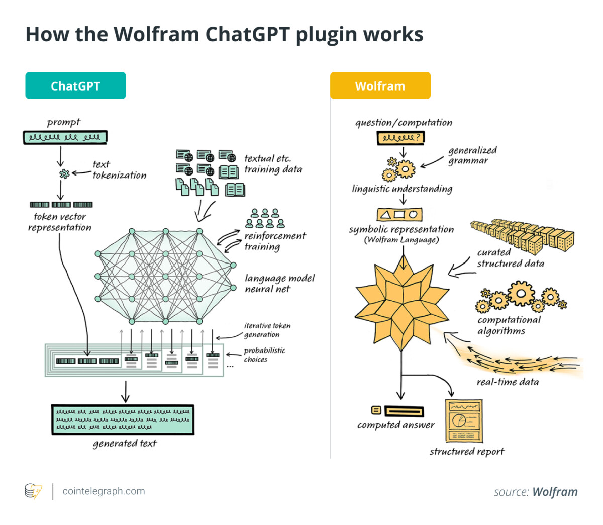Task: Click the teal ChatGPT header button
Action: click(75, 85)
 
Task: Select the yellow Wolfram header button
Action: click(380, 85)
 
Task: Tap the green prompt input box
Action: click(65, 137)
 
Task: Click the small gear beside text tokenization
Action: click(64, 173)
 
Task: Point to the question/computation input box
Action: click(400, 138)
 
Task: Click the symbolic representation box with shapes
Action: click(399, 214)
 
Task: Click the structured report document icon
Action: click(464, 420)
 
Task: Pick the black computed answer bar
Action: click(404, 411)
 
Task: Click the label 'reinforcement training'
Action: click(275, 241)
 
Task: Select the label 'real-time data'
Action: click(508, 382)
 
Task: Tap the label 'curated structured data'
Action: click(511, 257)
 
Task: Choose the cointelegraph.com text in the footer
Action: click(104, 491)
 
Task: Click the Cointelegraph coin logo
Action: click(33, 491)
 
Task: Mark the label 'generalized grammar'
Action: click(472, 155)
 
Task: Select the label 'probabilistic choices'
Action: click(264, 355)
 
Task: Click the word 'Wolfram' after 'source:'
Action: click(555, 492)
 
